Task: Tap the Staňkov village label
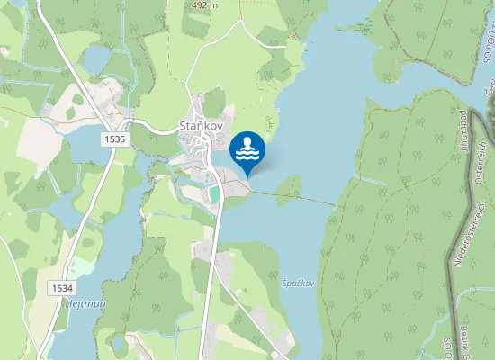[202, 125]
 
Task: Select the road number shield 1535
[114, 140]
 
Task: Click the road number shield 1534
[62, 287]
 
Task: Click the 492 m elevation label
[205, 5]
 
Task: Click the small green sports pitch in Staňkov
[214, 193]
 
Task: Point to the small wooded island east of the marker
[288, 186]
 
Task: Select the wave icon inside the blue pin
[247, 155]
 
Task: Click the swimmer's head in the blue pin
[247, 142]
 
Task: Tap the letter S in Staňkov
[184, 125]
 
